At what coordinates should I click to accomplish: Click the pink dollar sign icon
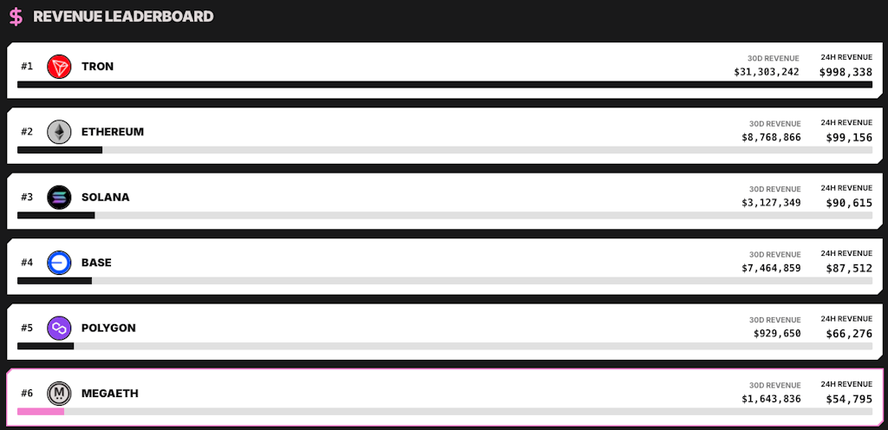[x=16, y=16]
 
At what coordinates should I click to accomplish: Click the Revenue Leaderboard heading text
[x=123, y=16]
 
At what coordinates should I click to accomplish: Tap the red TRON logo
[x=59, y=67]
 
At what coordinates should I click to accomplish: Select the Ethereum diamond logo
[x=59, y=132]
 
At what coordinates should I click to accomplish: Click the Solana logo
[x=59, y=198]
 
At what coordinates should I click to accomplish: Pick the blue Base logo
[x=59, y=263]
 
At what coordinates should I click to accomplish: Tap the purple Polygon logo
[x=59, y=329]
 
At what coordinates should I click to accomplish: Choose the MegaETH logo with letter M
[x=59, y=394]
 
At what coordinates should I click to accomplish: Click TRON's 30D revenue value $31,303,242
[x=767, y=72]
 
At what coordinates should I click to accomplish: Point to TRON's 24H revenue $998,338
[x=846, y=72]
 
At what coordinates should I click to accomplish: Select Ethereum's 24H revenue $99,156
[x=849, y=138]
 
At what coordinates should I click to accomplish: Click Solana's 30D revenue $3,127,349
[x=771, y=203]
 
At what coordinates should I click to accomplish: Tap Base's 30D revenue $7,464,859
[x=771, y=268]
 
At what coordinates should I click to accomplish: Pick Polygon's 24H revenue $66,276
[x=849, y=333]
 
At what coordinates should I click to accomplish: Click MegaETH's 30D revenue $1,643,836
[x=771, y=399]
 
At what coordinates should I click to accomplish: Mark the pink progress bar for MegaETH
[x=41, y=411]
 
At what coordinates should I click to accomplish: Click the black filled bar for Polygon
[x=46, y=346]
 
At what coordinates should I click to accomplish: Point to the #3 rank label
[x=27, y=197]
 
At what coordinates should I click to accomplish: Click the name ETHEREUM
[x=113, y=132]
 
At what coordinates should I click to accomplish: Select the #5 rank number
[x=27, y=328]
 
